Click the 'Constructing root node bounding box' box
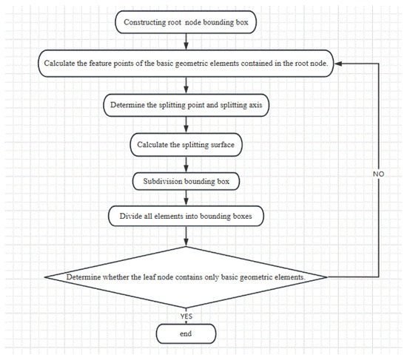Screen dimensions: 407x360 (186, 22)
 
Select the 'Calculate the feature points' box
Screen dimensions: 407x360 (186, 64)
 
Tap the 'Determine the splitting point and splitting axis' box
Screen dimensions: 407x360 (186, 105)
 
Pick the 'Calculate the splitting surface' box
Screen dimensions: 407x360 (186, 145)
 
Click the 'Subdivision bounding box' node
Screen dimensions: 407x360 (186, 181)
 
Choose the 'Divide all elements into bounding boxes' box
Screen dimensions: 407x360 (186, 216)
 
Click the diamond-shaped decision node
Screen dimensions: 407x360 (186, 277)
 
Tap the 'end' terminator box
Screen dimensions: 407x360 (186, 333)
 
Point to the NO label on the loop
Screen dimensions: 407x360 (378, 174)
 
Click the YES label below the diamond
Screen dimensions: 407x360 (186, 316)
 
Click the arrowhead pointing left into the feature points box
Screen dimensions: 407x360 (338, 64)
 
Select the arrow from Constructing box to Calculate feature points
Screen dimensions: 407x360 (186, 41)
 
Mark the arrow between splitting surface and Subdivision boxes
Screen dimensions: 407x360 (186, 164)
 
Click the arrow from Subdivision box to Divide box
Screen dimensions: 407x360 (186, 198)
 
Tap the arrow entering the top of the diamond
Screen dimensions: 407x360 (186, 237)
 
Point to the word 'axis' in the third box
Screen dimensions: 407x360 (255, 105)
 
